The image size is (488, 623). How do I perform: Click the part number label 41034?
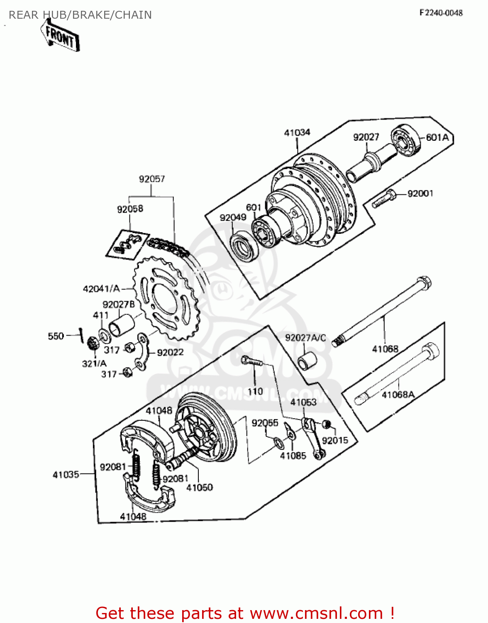[x=297, y=132]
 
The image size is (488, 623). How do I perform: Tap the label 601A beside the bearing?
[x=437, y=137]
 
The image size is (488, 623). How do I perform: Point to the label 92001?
[x=420, y=194]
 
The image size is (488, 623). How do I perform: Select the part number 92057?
[x=152, y=179]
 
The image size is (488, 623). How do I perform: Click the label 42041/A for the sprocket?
[x=102, y=289]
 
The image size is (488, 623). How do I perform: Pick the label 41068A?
[x=398, y=395]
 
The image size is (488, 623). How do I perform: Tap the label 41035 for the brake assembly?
[x=66, y=474]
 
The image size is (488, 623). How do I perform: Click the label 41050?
[x=200, y=487]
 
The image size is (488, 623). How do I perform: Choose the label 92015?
[x=335, y=440]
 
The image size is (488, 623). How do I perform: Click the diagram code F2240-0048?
[x=441, y=13]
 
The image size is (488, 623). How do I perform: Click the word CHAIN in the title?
[x=133, y=15]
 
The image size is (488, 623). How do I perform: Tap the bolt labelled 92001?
[x=384, y=199]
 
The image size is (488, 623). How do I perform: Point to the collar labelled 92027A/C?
[x=307, y=361]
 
